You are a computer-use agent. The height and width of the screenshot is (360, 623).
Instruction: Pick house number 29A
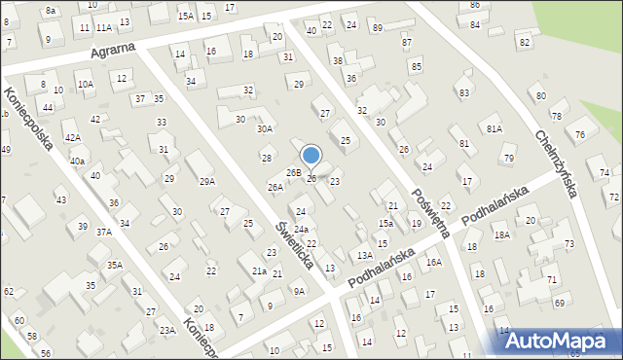(207, 181)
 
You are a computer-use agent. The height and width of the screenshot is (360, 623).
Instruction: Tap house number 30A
(264, 128)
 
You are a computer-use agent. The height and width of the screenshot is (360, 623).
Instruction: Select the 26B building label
(292, 172)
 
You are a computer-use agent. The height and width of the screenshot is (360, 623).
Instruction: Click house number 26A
(275, 187)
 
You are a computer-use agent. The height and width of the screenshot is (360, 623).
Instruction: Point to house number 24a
(302, 229)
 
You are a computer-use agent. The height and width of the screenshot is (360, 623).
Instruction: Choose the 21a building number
(259, 271)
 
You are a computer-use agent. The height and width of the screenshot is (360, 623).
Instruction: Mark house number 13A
(364, 255)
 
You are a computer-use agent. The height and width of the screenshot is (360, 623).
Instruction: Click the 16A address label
(433, 262)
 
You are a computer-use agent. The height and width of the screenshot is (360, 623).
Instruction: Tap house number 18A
(501, 234)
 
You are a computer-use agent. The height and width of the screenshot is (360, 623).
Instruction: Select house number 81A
(495, 128)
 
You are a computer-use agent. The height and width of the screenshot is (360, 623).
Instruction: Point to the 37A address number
(103, 232)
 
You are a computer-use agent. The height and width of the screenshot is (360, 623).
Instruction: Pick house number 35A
(114, 265)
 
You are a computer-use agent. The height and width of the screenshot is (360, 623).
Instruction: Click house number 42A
(73, 138)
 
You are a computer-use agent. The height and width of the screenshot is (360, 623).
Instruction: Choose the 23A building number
(167, 331)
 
